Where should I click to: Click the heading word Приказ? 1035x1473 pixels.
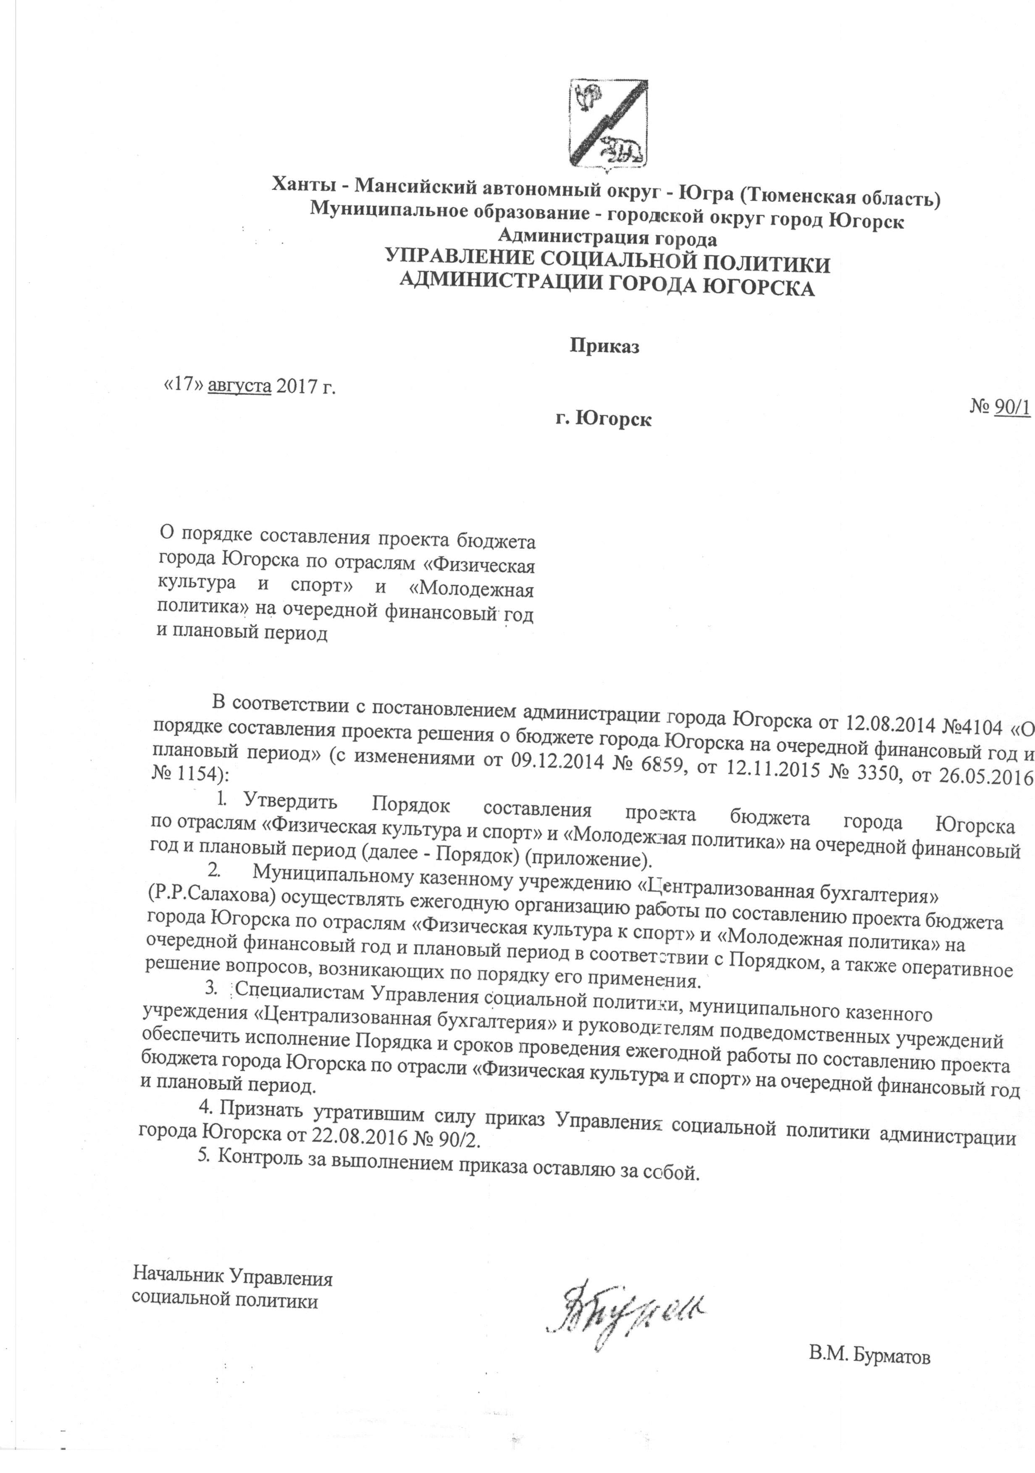click(605, 347)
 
